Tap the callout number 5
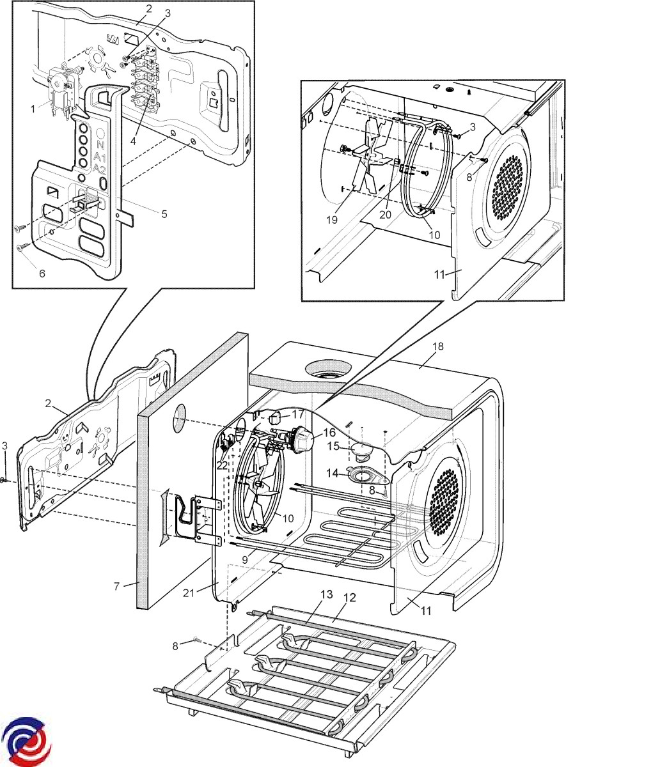[x=164, y=214]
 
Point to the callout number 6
[x=42, y=274]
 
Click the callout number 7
[x=116, y=586]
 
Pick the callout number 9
[x=244, y=559]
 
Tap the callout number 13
[x=326, y=594]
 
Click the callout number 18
[x=437, y=346]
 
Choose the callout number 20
[x=385, y=215]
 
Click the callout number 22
[x=222, y=466]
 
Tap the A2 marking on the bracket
[x=99, y=169]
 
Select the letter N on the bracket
[x=100, y=144]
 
